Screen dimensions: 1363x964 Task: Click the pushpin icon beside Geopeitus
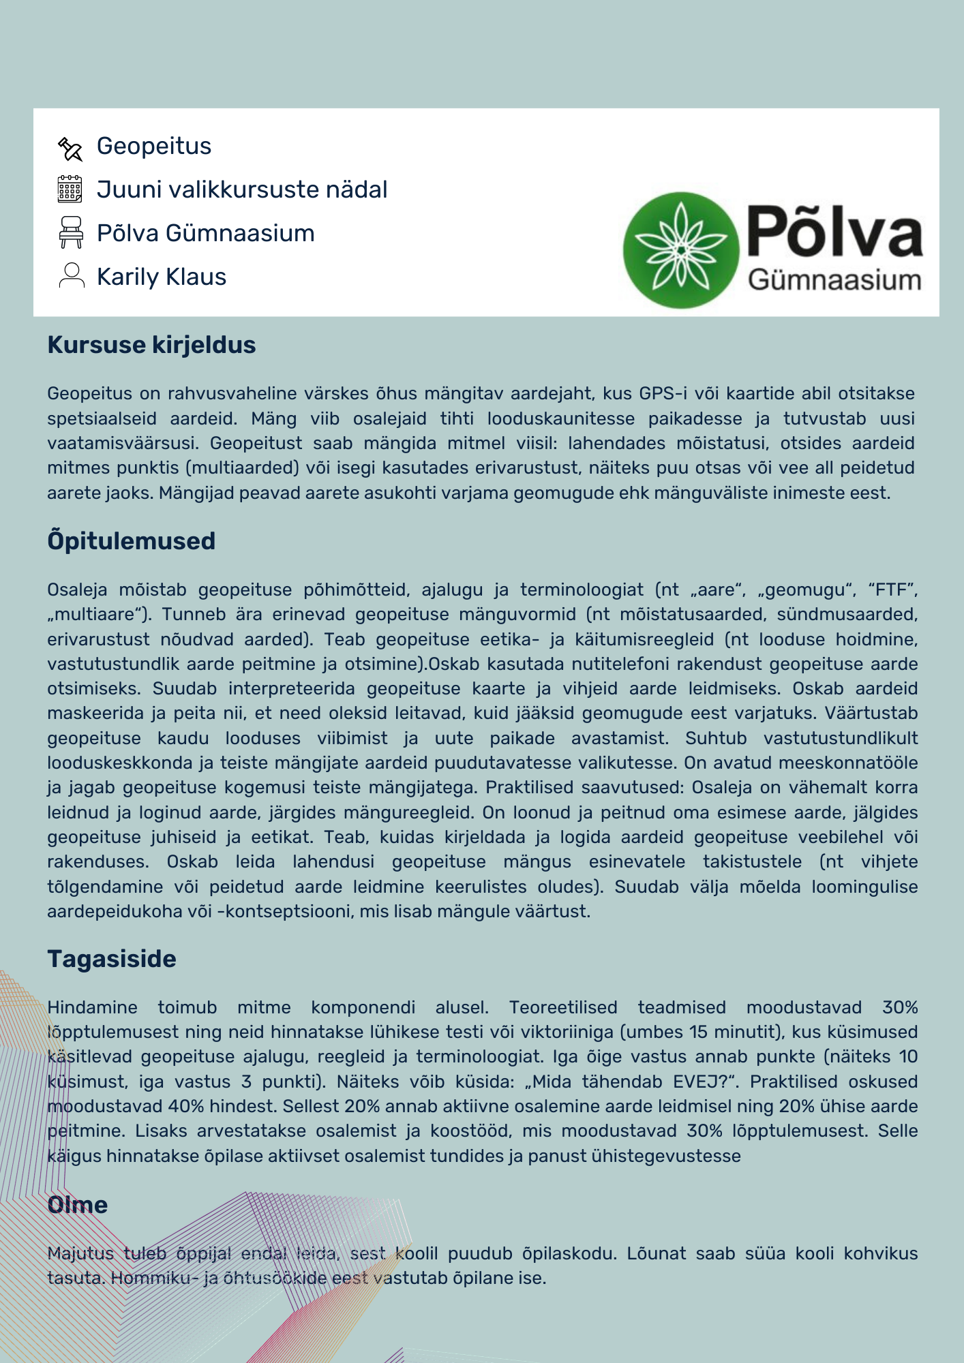click(70, 149)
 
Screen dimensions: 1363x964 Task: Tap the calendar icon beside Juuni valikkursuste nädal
click(70, 189)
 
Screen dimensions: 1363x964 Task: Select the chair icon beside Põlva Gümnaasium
click(71, 232)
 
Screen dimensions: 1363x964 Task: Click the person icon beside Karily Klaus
click(72, 276)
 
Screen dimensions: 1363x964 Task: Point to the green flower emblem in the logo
click(680, 250)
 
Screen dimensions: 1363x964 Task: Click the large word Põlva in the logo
click(834, 232)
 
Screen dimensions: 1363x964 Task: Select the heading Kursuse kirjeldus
click(151, 345)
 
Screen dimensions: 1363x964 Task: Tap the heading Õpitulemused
click(132, 541)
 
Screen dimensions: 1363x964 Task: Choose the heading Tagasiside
click(112, 959)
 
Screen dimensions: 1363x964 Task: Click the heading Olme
click(78, 1205)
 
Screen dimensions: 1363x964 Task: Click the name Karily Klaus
click(162, 277)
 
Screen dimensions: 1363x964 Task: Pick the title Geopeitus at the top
click(154, 146)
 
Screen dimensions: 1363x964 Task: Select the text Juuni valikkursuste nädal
click(242, 189)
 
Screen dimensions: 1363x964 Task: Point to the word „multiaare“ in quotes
click(100, 615)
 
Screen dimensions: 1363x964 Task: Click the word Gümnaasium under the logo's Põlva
click(834, 280)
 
